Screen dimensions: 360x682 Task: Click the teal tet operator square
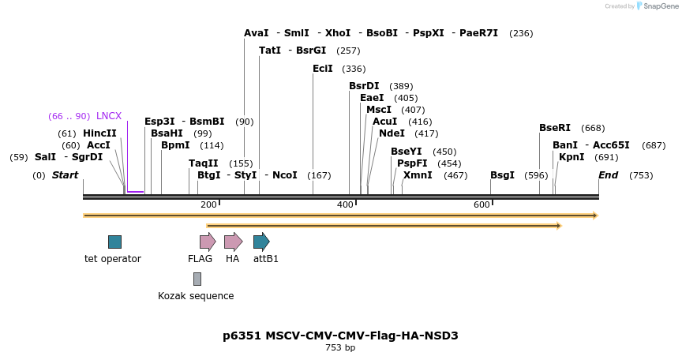point(114,242)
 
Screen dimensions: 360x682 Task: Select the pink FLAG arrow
point(208,242)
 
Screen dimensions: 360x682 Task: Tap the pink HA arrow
point(233,242)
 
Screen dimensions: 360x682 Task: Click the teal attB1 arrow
point(261,242)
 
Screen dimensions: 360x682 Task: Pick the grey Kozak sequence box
point(197,279)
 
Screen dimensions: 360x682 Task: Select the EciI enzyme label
point(323,69)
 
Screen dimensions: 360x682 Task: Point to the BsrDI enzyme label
point(364,86)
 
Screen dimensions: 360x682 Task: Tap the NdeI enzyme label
point(392,133)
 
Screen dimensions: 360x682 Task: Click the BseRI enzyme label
point(555,128)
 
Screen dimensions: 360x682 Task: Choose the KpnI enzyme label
point(571,157)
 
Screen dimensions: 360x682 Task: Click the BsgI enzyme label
point(502,175)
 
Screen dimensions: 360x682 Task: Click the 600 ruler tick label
point(482,205)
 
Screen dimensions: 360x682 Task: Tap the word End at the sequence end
point(608,175)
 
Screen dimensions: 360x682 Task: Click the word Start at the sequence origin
point(66,175)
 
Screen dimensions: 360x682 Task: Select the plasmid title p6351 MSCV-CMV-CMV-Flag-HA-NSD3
point(340,336)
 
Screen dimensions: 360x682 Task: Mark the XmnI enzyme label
point(418,175)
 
